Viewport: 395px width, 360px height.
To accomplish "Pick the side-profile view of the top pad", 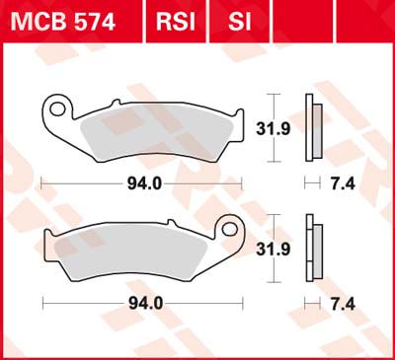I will [313, 126].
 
